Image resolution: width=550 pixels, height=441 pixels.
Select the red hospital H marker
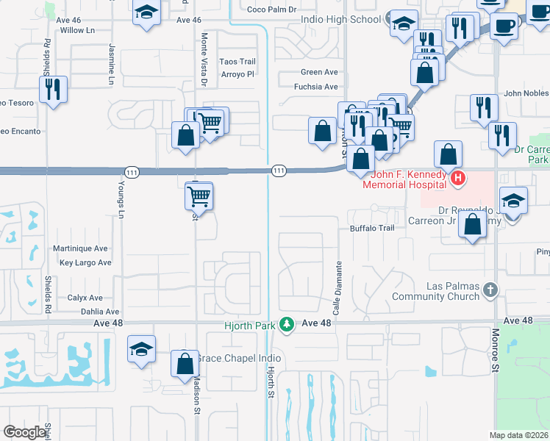point(458,178)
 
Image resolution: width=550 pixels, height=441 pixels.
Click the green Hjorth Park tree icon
point(290,323)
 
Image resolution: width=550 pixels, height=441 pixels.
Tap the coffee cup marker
point(504,26)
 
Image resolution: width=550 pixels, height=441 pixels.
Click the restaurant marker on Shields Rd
point(53,90)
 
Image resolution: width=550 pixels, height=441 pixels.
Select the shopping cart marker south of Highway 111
point(199,196)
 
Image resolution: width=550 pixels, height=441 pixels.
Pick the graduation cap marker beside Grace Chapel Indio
point(142,350)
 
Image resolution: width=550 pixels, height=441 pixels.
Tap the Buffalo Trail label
point(372,229)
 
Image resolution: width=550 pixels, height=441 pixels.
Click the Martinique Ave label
point(80,249)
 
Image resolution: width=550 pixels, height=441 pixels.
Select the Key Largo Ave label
point(85,262)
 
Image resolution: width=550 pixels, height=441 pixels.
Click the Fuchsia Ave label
point(315,87)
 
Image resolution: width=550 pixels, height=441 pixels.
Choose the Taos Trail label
point(238,62)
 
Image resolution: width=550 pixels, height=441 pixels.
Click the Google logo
point(25,432)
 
